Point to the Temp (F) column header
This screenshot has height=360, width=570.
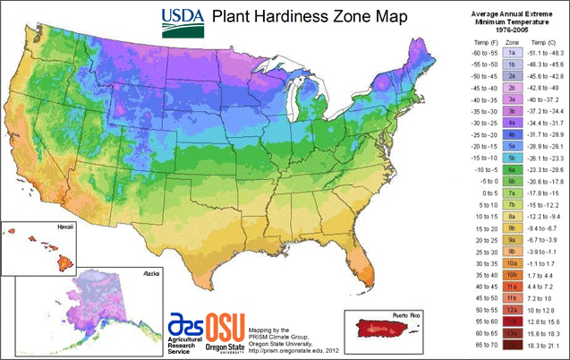click(x=483, y=41)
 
